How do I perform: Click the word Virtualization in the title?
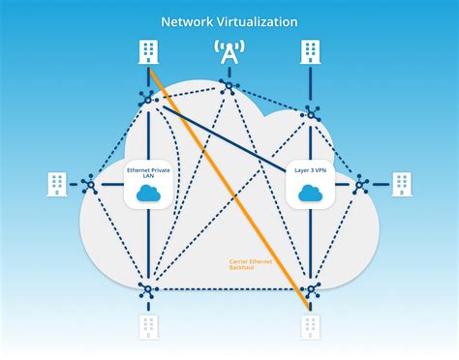pos(261,20)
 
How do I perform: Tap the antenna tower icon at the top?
pos(229,53)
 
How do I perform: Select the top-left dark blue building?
pos(148,51)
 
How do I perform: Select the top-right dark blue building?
pos(310,51)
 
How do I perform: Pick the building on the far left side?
pos(56,182)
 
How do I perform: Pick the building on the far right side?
pos(402,182)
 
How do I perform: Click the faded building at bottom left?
pos(148,326)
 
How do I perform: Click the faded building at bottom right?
pos(310,326)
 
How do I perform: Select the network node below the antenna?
pos(229,87)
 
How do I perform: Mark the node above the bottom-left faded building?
pos(148,288)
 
